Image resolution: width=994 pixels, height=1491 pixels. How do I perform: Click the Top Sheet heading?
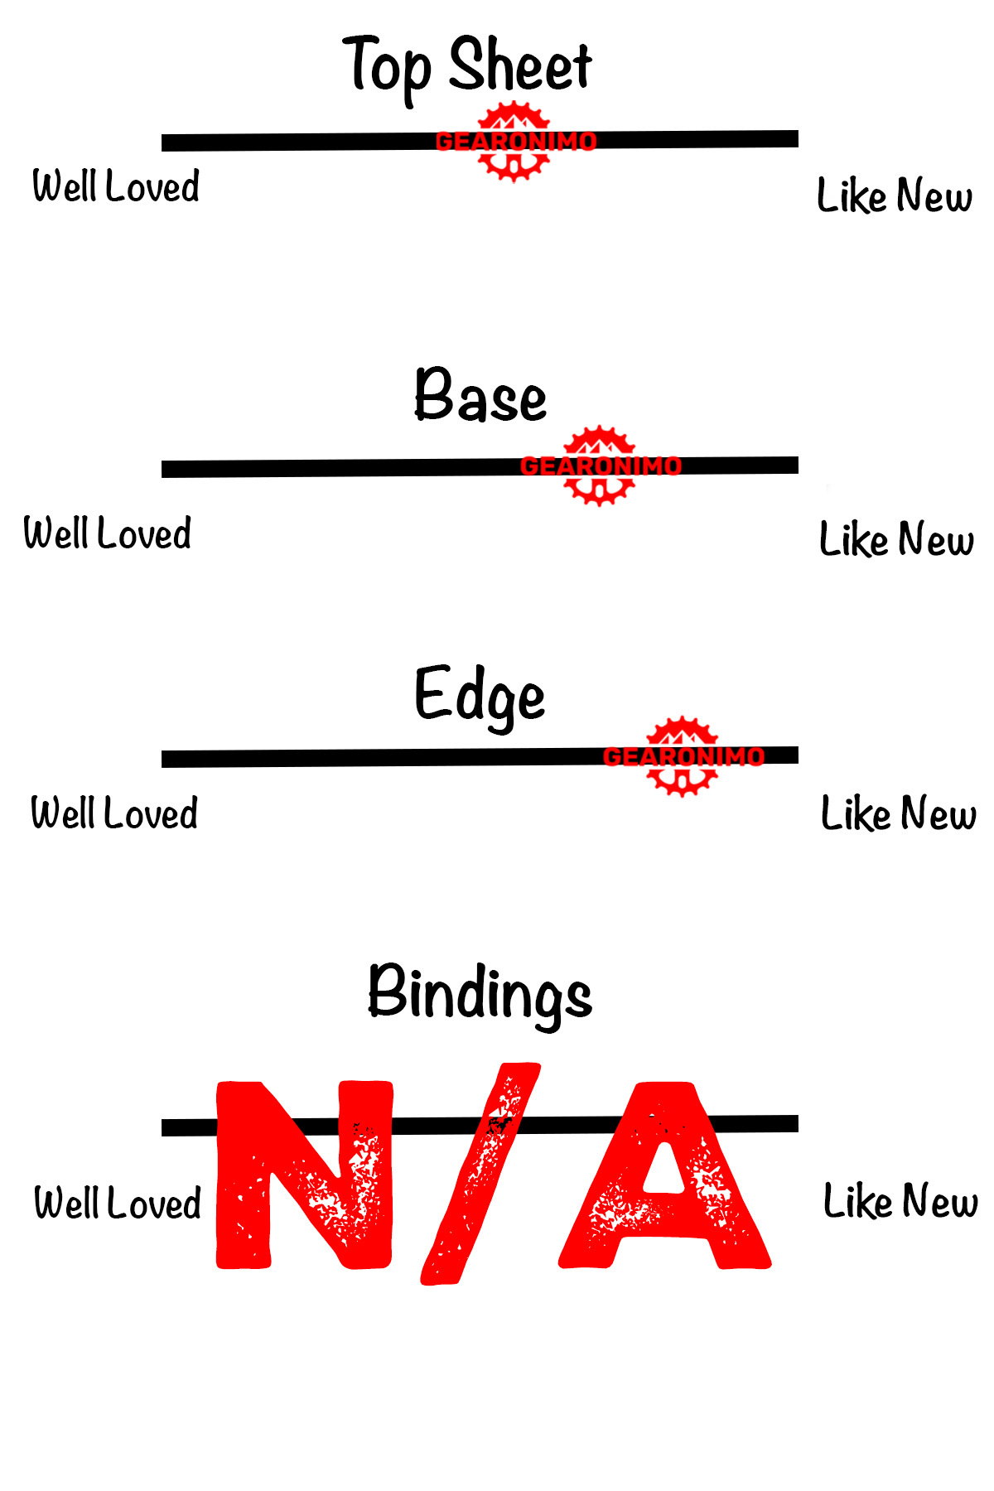tap(468, 66)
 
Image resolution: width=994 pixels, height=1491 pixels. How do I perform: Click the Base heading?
tap(480, 396)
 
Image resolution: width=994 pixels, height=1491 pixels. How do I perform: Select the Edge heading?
tap(480, 696)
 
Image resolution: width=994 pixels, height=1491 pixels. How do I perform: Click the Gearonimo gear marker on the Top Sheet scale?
tap(514, 142)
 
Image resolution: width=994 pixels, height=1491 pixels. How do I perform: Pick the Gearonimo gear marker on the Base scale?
tap(600, 466)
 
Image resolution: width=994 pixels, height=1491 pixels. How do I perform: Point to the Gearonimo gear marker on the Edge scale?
tap(682, 756)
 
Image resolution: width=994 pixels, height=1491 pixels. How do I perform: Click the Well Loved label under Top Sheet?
tap(116, 186)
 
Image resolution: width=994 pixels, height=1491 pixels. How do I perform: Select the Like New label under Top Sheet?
tap(895, 196)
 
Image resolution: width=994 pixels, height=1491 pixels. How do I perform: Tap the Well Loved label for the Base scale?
tap(108, 533)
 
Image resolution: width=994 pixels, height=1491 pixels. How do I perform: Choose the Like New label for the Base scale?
tap(896, 539)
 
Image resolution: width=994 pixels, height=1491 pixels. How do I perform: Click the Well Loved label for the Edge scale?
tap(114, 813)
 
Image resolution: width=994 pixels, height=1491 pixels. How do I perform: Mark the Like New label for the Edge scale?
tap(899, 813)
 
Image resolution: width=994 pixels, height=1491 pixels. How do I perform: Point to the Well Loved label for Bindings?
tap(118, 1203)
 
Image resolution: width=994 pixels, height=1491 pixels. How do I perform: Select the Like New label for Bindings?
tap(900, 1201)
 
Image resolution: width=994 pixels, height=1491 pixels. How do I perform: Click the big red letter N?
tap(304, 1175)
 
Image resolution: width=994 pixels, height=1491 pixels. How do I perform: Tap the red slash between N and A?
tap(480, 1175)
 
